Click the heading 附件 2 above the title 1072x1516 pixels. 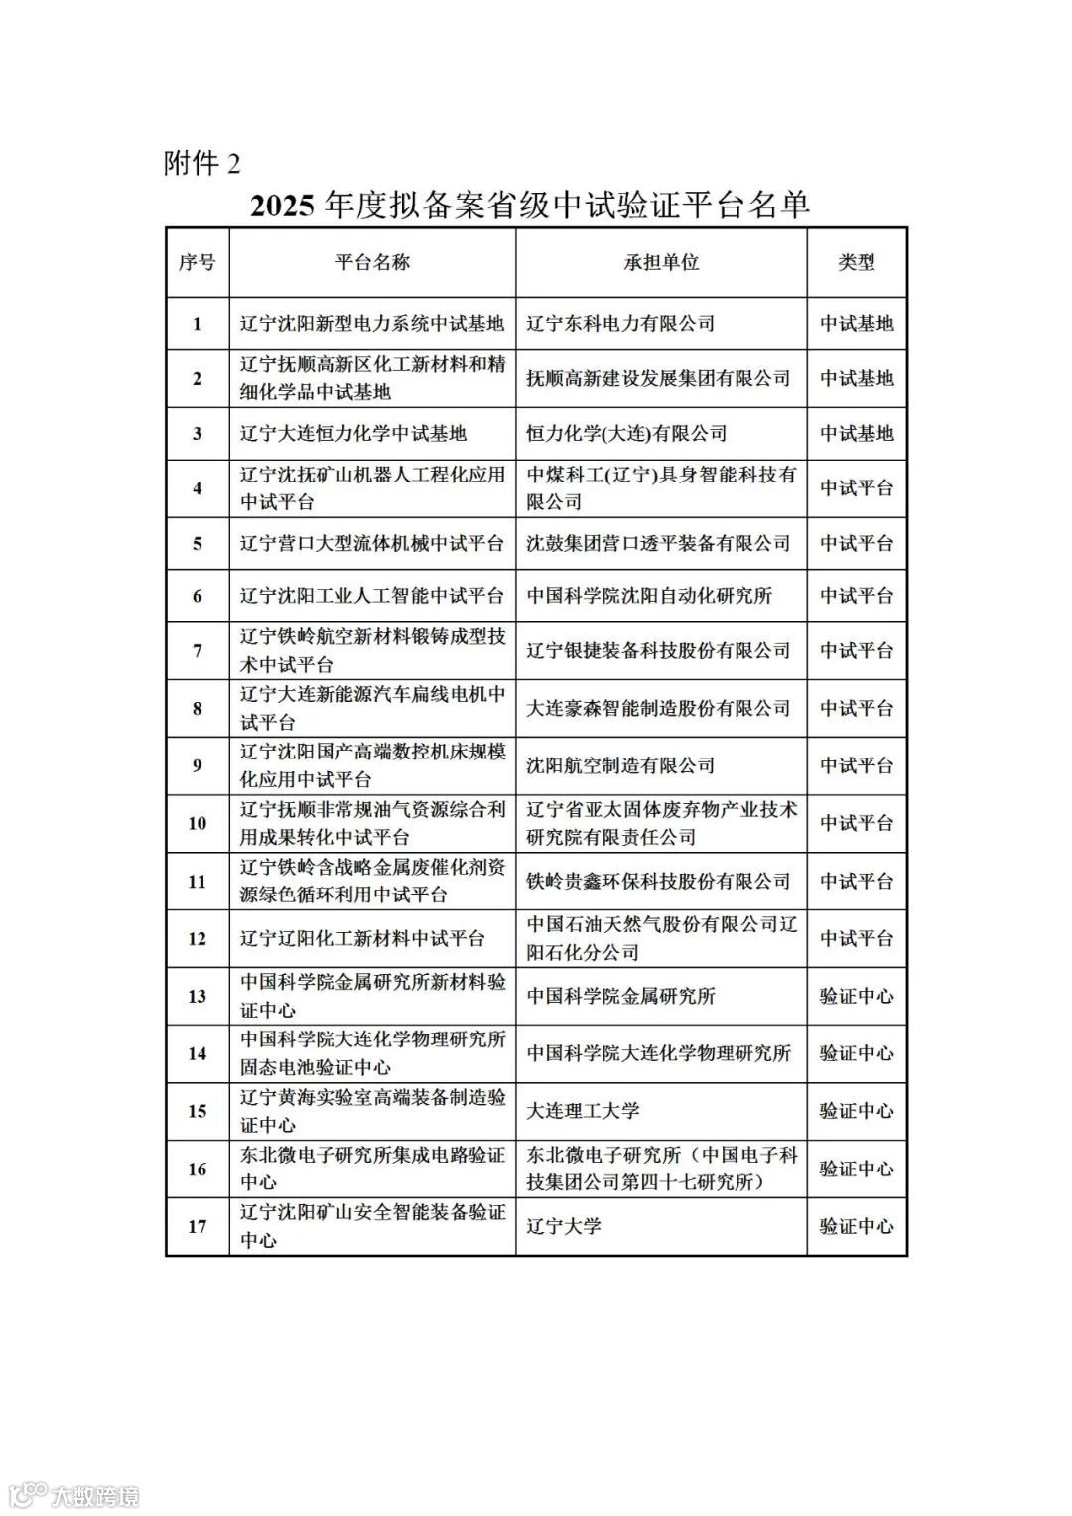pyautogui.click(x=201, y=163)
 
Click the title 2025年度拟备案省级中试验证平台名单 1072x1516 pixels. pyautogui.click(x=530, y=206)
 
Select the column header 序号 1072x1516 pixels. pyautogui.click(x=197, y=263)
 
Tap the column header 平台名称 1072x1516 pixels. pyautogui.click(x=372, y=263)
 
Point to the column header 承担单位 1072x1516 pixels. pyautogui.click(x=661, y=263)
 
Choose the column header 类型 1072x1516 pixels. pyautogui.click(x=857, y=263)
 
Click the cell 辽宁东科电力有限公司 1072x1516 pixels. pyautogui.click(x=620, y=324)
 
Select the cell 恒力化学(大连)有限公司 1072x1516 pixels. pyautogui.click(x=626, y=434)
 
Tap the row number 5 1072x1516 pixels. pyautogui.click(x=197, y=544)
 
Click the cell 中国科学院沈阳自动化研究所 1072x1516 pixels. pyautogui.click(x=649, y=596)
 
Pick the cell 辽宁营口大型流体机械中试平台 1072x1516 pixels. pyautogui.click(x=372, y=544)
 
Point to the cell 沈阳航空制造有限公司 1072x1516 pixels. pyautogui.click(x=620, y=765)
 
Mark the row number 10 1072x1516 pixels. pyautogui.click(x=197, y=823)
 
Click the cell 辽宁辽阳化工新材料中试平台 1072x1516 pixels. pyautogui.click(x=363, y=938)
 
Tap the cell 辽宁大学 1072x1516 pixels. pyautogui.click(x=564, y=1226)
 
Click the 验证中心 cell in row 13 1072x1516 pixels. pyautogui.click(x=857, y=996)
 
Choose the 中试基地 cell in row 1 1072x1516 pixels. pyautogui.click(x=857, y=324)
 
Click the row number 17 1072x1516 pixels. pyautogui.click(x=197, y=1226)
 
